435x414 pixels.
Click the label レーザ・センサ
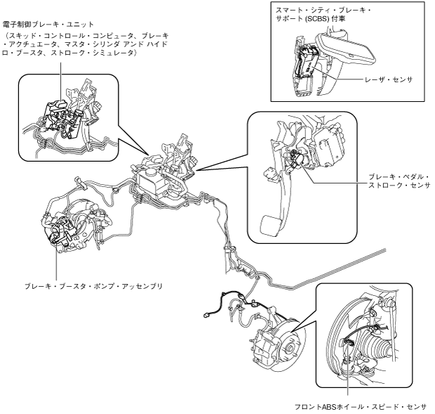(389, 79)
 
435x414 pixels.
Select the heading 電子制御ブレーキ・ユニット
(48, 25)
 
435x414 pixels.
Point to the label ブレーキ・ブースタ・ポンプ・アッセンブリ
(93, 286)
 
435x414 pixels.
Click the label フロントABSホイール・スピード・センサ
(360, 407)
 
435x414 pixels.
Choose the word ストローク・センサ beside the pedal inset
(399, 185)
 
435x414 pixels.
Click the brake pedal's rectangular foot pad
(270, 226)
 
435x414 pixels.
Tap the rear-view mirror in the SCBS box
(344, 46)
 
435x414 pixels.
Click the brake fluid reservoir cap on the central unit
(151, 172)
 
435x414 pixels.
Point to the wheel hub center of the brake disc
(290, 347)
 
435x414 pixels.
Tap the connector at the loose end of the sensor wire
(206, 315)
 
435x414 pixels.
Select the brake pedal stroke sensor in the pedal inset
(296, 159)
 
